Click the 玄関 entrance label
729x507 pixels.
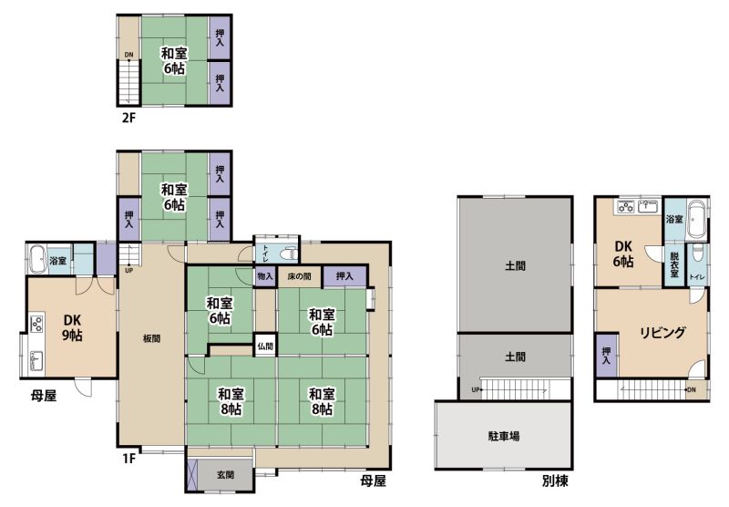coord(225,475)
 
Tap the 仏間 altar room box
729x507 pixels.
coord(265,347)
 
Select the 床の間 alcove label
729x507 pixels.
coord(299,276)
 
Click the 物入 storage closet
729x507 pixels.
coord(265,276)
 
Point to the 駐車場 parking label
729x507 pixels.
coord(504,436)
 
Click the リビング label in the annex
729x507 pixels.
coord(662,332)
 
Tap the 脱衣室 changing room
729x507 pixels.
coord(674,265)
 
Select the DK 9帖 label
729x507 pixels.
coord(72,327)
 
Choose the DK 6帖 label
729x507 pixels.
coord(623,254)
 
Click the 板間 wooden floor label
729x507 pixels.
coord(151,338)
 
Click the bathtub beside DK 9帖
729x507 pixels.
coord(36,259)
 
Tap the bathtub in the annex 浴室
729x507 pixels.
coord(696,219)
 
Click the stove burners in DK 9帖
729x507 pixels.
coord(36,323)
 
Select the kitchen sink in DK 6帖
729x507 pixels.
coord(650,206)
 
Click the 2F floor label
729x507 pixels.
coord(128,118)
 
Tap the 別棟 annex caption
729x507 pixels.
coord(555,481)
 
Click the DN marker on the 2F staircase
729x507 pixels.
coord(128,55)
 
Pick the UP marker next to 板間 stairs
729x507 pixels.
coord(128,270)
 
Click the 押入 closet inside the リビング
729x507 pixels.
coord(606,356)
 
